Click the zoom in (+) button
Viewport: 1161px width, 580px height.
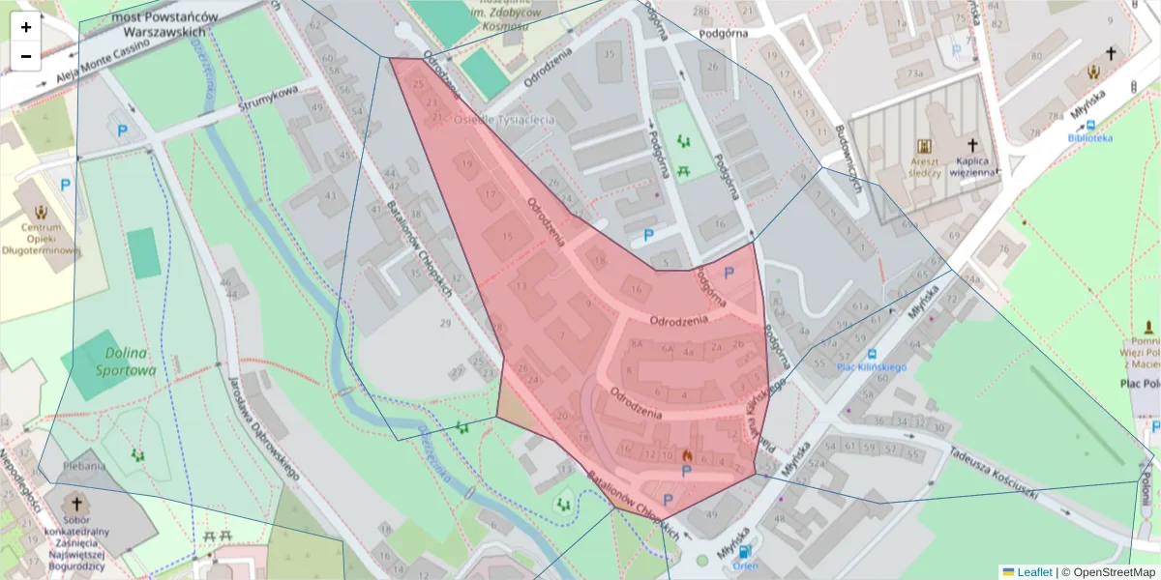(26, 27)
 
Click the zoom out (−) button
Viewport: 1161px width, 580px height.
(26, 56)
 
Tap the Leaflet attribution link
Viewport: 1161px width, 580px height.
(1034, 572)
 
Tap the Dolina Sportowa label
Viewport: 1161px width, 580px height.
(126, 362)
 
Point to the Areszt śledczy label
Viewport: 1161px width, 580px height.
(925, 166)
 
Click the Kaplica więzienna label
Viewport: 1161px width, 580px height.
(972, 166)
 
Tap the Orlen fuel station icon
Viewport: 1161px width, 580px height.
(745, 553)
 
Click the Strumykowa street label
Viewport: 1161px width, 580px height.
(273, 100)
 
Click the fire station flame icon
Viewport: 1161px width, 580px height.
(688, 454)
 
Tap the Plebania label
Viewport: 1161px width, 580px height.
(83, 466)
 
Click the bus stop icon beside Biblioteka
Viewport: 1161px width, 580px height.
(1091, 124)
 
